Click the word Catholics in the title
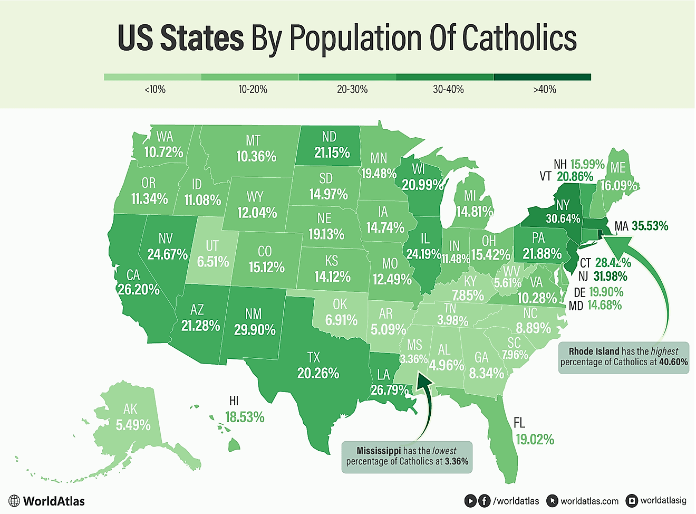pos(519,38)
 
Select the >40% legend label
pos(545,90)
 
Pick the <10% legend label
pos(155,90)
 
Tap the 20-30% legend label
pos(352,90)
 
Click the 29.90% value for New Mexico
pos(255,330)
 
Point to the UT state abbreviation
pos(212,246)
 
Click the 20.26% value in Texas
pos(318,374)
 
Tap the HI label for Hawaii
pos(234,402)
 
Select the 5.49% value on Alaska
pos(133,425)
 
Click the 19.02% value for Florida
pos(535,440)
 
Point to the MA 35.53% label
pos(641,226)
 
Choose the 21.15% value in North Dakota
pos(332,153)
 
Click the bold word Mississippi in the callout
pos(379,451)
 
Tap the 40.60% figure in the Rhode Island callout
pos(673,362)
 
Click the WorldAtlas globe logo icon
pos(14,501)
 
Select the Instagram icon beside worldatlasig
pos(631,501)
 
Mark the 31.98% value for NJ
pos(610,277)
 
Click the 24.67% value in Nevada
pos(167,254)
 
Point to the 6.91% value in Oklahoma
pos(341,320)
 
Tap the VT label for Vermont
pos(545,176)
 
